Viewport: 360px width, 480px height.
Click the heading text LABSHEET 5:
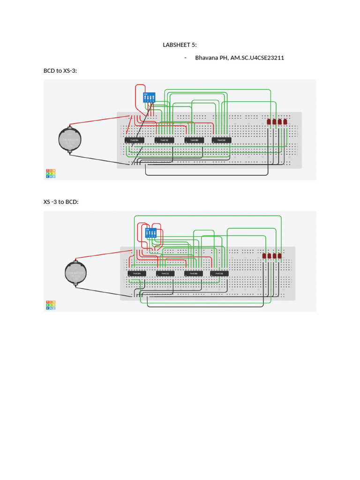click(180, 45)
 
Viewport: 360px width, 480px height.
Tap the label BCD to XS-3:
click(60, 71)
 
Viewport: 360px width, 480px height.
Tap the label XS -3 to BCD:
click(61, 202)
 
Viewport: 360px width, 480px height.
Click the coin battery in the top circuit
click(70, 139)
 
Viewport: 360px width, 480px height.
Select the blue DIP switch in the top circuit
click(149, 97)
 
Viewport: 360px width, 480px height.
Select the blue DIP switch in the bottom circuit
click(151, 232)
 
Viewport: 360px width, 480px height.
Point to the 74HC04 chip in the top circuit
click(134, 140)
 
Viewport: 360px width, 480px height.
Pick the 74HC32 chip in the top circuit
click(164, 140)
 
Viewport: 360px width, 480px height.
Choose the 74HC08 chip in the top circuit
click(194, 140)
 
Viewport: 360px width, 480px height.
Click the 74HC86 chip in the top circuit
click(221, 140)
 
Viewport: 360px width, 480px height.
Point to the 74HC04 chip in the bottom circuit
click(137, 273)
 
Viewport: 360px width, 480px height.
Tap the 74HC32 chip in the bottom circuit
click(165, 273)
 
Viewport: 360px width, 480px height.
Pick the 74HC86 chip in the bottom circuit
click(219, 273)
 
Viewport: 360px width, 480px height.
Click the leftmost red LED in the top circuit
click(269, 122)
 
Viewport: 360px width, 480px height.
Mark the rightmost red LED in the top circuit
click(285, 122)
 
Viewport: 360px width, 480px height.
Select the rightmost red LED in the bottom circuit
click(280, 256)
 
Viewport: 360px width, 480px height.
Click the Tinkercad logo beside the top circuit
click(51, 173)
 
